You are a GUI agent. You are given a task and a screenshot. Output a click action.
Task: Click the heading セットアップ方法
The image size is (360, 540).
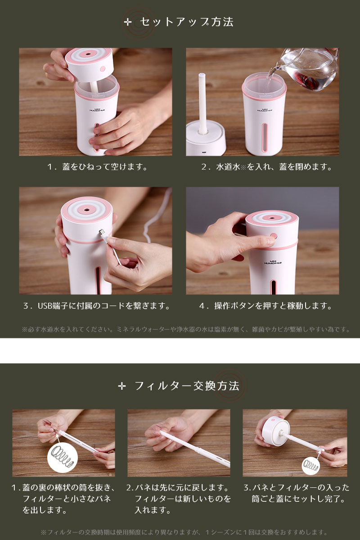coord(187,22)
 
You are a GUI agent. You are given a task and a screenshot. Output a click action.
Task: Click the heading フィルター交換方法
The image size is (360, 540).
coord(187,386)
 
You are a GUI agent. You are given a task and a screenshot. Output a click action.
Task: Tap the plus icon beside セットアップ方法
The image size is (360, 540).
coord(128,22)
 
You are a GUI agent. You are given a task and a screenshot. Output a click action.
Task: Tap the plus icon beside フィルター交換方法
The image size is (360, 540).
coord(122,387)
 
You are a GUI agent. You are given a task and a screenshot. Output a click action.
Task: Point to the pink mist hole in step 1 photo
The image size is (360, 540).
coord(87,54)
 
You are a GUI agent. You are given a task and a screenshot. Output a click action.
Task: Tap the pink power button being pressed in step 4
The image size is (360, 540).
coord(274,235)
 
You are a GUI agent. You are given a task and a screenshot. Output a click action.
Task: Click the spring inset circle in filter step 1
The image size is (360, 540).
coord(63,457)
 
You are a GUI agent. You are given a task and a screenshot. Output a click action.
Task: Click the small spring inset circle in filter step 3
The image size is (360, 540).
coord(311,465)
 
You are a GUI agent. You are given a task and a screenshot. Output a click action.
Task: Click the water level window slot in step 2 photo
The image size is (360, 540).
coord(265,137)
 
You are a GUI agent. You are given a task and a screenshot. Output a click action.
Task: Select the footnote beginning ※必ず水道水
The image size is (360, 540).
coord(186,329)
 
